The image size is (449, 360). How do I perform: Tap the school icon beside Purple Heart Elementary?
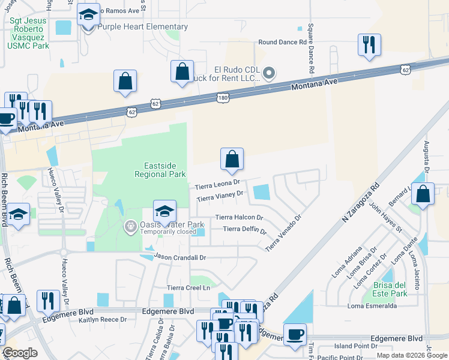pyautogui.click(x=89, y=16)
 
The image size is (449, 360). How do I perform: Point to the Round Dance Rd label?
pyautogui.click(x=282, y=43)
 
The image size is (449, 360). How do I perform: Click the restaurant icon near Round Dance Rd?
pyautogui.click(x=368, y=46)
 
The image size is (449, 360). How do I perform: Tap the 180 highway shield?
pyautogui.click(x=223, y=97)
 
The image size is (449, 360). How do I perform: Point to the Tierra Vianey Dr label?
pyautogui.click(x=220, y=196)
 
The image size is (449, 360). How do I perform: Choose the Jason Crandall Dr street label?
pyautogui.click(x=180, y=257)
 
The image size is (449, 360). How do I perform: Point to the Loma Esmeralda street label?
pyautogui.click(x=372, y=306)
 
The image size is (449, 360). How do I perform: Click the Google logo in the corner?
pyautogui.click(x=20, y=353)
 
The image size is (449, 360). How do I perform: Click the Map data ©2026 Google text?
pyautogui.click(x=411, y=355)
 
